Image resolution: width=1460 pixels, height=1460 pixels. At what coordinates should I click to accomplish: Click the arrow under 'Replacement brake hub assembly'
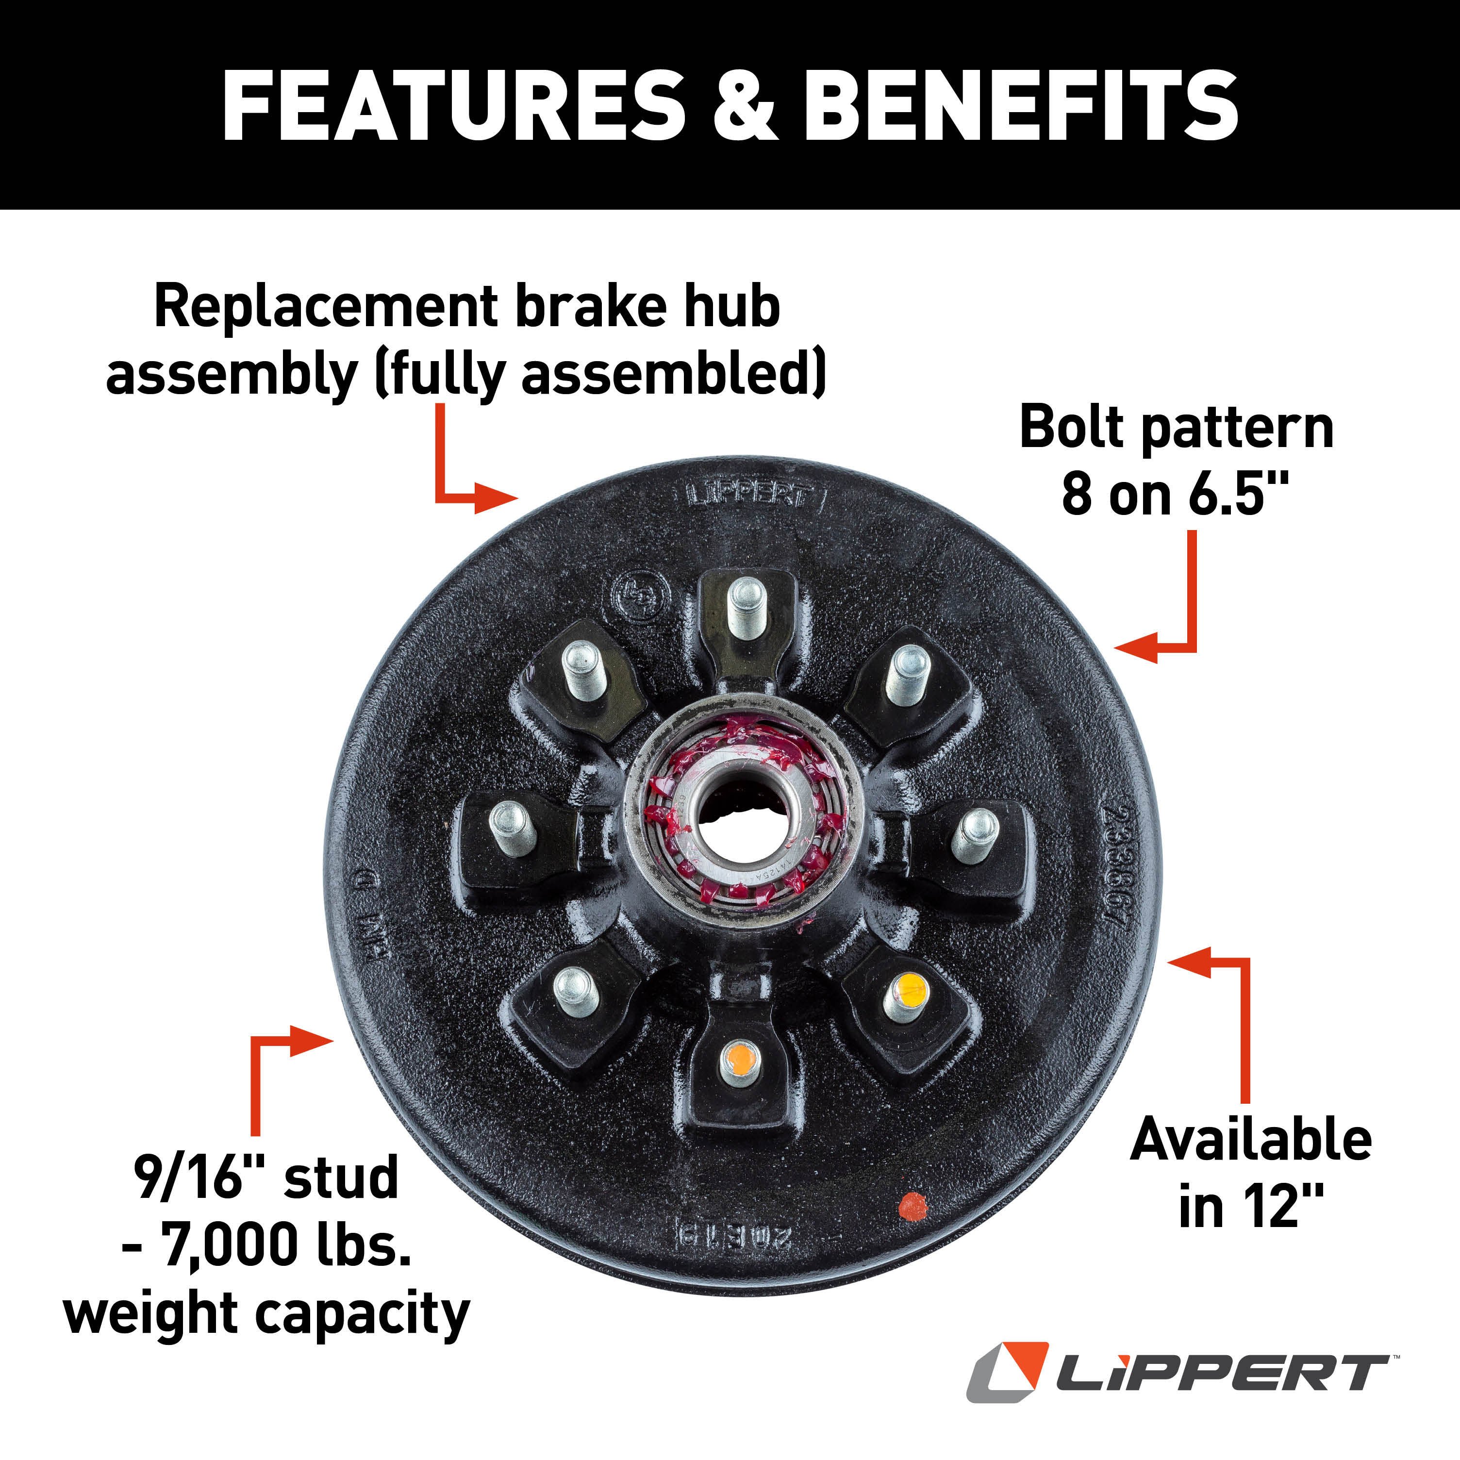coord(468,468)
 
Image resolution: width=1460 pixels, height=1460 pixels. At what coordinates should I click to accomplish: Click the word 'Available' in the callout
coord(1251,1140)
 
